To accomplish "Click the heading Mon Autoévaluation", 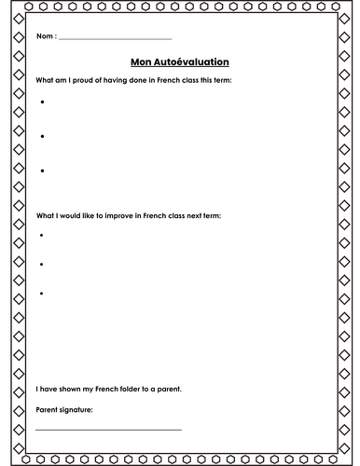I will point(180,62).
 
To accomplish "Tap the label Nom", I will point(45,37).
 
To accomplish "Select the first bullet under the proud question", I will point(43,101).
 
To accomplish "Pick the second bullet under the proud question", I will point(43,135).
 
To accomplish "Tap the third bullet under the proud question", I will point(43,171).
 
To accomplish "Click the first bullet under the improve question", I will point(43,235).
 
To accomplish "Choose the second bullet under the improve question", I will point(43,264).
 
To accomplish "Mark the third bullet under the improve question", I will point(43,294).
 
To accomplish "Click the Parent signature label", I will point(64,408).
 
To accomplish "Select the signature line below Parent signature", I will point(108,429).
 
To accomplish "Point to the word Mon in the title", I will point(141,62).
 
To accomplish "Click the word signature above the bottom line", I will point(76,408).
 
